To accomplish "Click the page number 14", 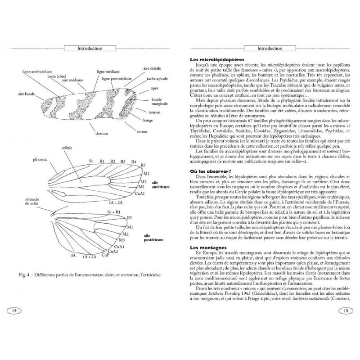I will pos(14,310).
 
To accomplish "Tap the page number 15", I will pos(345,310).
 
